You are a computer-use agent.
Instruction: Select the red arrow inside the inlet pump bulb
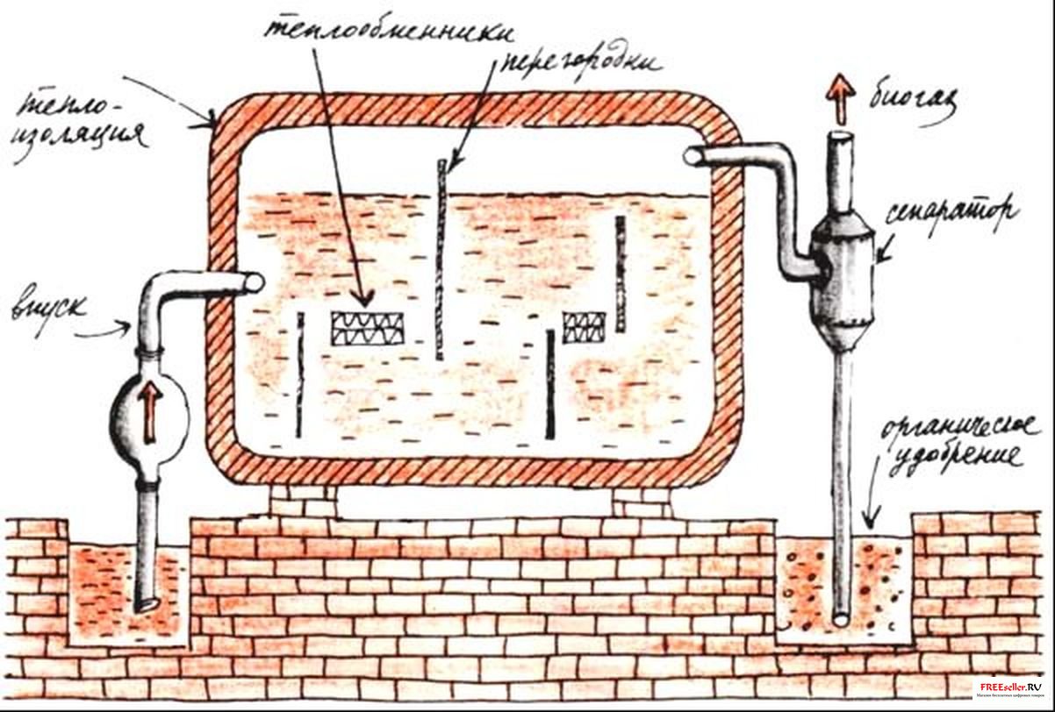(151, 414)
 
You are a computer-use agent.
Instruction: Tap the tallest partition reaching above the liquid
(441, 260)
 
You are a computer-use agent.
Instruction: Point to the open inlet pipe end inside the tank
(255, 281)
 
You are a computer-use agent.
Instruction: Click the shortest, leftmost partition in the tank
(301, 375)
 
